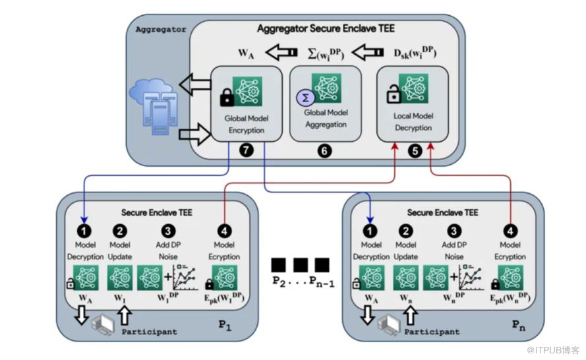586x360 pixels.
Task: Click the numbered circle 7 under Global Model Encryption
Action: pos(247,151)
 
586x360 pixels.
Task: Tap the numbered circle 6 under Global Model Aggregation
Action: pos(324,151)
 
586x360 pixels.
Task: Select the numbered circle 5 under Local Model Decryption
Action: pos(415,151)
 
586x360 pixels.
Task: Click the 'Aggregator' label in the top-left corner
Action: pos(160,29)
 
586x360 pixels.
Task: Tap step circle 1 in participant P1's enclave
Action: pos(86,231)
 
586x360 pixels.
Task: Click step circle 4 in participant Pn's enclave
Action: pos(512,231)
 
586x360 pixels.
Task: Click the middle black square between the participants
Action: pos(301,265)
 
